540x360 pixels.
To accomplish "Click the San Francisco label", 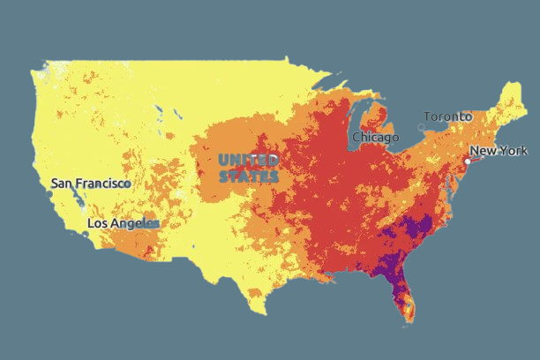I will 91,183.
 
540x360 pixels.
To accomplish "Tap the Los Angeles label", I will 124,224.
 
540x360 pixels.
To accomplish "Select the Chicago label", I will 375,138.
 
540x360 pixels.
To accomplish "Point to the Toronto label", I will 454,116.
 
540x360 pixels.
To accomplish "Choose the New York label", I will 499,151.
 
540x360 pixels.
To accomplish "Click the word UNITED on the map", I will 249,160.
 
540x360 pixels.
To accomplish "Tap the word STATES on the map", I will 249,176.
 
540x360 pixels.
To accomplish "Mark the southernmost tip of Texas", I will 260,312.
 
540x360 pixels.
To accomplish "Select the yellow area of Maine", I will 513,97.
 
